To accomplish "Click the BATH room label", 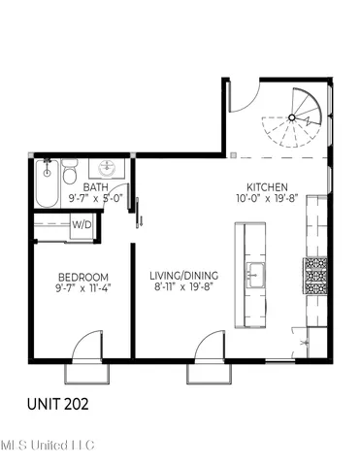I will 94,187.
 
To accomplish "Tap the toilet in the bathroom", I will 69,175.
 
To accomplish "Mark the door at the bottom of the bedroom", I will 85,348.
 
